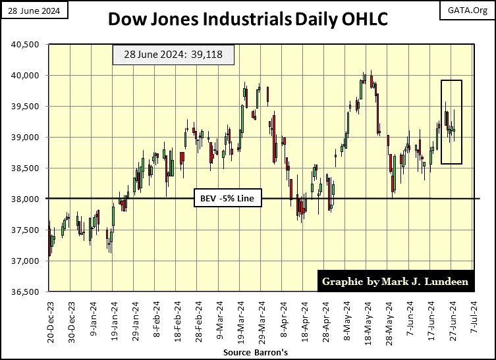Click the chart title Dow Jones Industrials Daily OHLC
click(248, 20)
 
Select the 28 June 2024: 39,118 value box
click(173, 56)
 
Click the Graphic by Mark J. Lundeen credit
click(396, 281)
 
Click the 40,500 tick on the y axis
click(25, 45)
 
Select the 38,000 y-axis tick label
click(25, 199)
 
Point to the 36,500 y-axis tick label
click(25, 292)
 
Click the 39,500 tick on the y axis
click(25, 106)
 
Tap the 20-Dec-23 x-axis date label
click(50, 319)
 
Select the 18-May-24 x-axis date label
click(370, 319)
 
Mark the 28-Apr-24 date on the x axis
click(328, 319)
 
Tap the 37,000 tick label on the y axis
click(25, 261)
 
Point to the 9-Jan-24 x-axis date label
click(93, 319)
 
